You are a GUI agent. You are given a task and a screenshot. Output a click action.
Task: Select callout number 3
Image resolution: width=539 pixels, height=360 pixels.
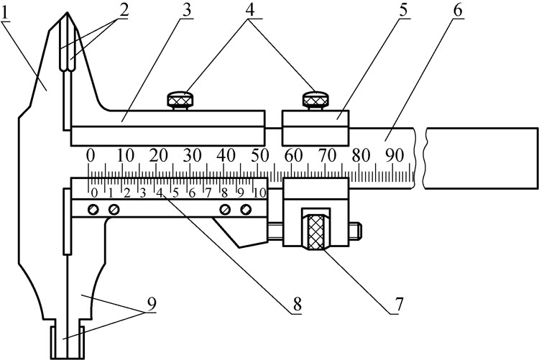click(x=186, y=11)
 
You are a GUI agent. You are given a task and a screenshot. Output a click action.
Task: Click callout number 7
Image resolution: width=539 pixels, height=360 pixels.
click(x=398, y=304)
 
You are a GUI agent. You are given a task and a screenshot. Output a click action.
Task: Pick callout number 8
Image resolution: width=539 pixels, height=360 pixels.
click(x=297, y=305)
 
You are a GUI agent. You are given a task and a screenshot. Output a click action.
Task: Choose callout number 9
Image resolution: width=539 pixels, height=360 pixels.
click(x=152, y=303)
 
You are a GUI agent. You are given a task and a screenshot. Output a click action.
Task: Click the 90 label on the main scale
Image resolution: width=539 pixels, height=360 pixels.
click(x=395, y=156)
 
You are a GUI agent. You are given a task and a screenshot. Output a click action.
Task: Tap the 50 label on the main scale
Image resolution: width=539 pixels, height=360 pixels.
click(x=260, y=156)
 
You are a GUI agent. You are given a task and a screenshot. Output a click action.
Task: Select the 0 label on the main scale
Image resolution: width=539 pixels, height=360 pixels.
click(x=90, y=156)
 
